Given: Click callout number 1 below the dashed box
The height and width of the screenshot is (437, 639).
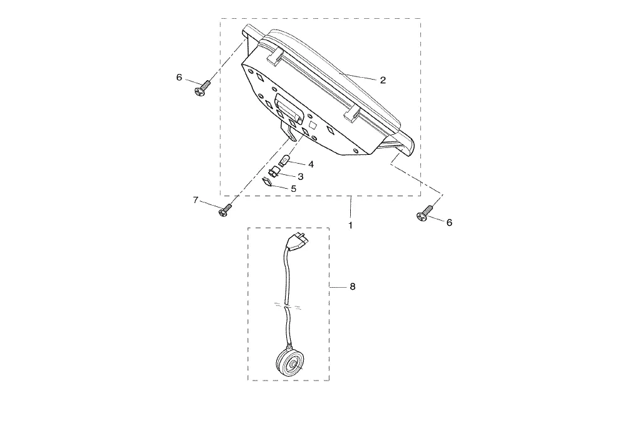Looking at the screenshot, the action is click(x=350, y=225).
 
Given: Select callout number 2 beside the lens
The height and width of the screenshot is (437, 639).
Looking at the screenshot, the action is click(x=383, y=80).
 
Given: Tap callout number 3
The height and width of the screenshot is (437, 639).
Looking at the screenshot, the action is click(x=301, y=177).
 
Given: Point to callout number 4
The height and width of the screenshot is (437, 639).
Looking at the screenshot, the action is click(x=311, y=164).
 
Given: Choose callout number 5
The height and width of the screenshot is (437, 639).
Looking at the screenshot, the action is click(x=294, y=189).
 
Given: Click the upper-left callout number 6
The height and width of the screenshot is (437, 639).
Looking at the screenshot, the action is click(x=179, y=77).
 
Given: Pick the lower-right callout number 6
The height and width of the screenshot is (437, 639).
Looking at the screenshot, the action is click(x=449, y=223).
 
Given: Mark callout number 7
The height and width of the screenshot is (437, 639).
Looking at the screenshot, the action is click(x=195, y=200).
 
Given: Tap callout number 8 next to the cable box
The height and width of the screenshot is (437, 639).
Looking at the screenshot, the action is click(x=353, y=287).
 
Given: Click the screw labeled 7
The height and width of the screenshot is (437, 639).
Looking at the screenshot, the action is click(x=224, y=211).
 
